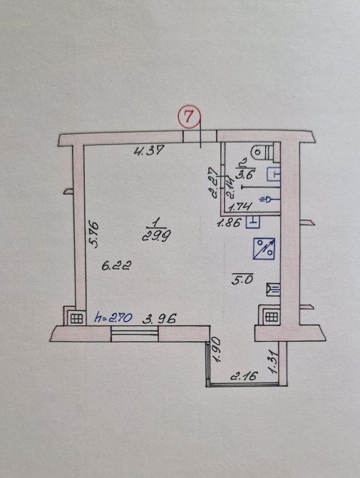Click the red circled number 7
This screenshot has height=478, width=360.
click(189, 116)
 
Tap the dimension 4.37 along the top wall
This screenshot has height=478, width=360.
click(149, 150)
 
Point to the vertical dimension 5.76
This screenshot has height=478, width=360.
click(93, 235)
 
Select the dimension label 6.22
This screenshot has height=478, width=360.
click(117, 266)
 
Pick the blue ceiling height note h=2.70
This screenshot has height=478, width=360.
click(113, 317)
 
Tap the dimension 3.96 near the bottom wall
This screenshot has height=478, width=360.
click(160, 319)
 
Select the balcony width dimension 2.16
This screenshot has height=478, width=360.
click(243, 375)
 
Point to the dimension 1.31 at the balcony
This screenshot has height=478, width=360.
click(273, 361)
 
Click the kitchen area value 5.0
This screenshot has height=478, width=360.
click(242, 280)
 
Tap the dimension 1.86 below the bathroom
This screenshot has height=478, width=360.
click(229, 223)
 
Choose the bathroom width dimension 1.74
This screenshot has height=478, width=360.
click(240, 207)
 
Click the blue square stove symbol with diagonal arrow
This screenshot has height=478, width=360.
click(264, 249)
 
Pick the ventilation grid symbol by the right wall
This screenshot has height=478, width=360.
click(272, 317)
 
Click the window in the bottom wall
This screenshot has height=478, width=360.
click(135, 333)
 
